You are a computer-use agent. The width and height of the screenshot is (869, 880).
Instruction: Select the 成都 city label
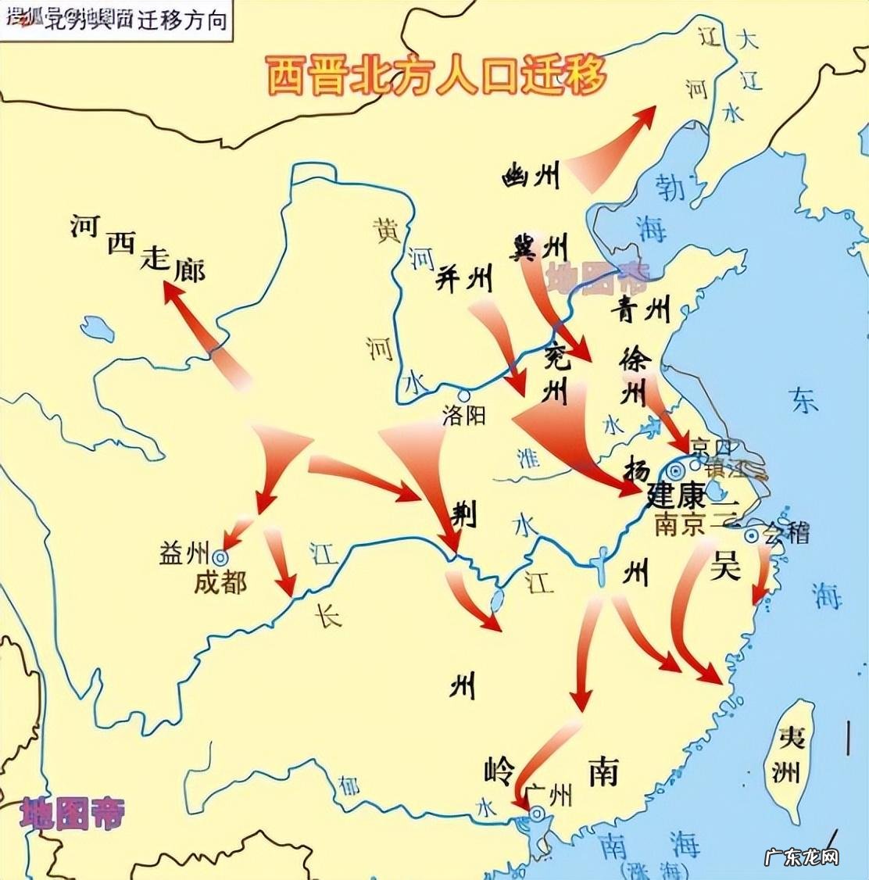[x=220, y=583]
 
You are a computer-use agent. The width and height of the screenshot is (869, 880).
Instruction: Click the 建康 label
[x=676, y=495]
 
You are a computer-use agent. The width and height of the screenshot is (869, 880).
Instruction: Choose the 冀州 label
[x=538, y=248]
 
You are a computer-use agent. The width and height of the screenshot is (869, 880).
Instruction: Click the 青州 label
[x=642, y=309]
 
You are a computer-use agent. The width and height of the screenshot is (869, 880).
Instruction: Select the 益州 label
[x=183, y=553]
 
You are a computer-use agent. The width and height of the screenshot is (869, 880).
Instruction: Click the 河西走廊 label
[x=137, y=249]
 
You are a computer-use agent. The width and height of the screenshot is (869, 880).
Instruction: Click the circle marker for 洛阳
[x=464, y=395]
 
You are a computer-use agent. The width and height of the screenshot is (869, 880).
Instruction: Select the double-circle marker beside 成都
[x=220, y=558]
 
